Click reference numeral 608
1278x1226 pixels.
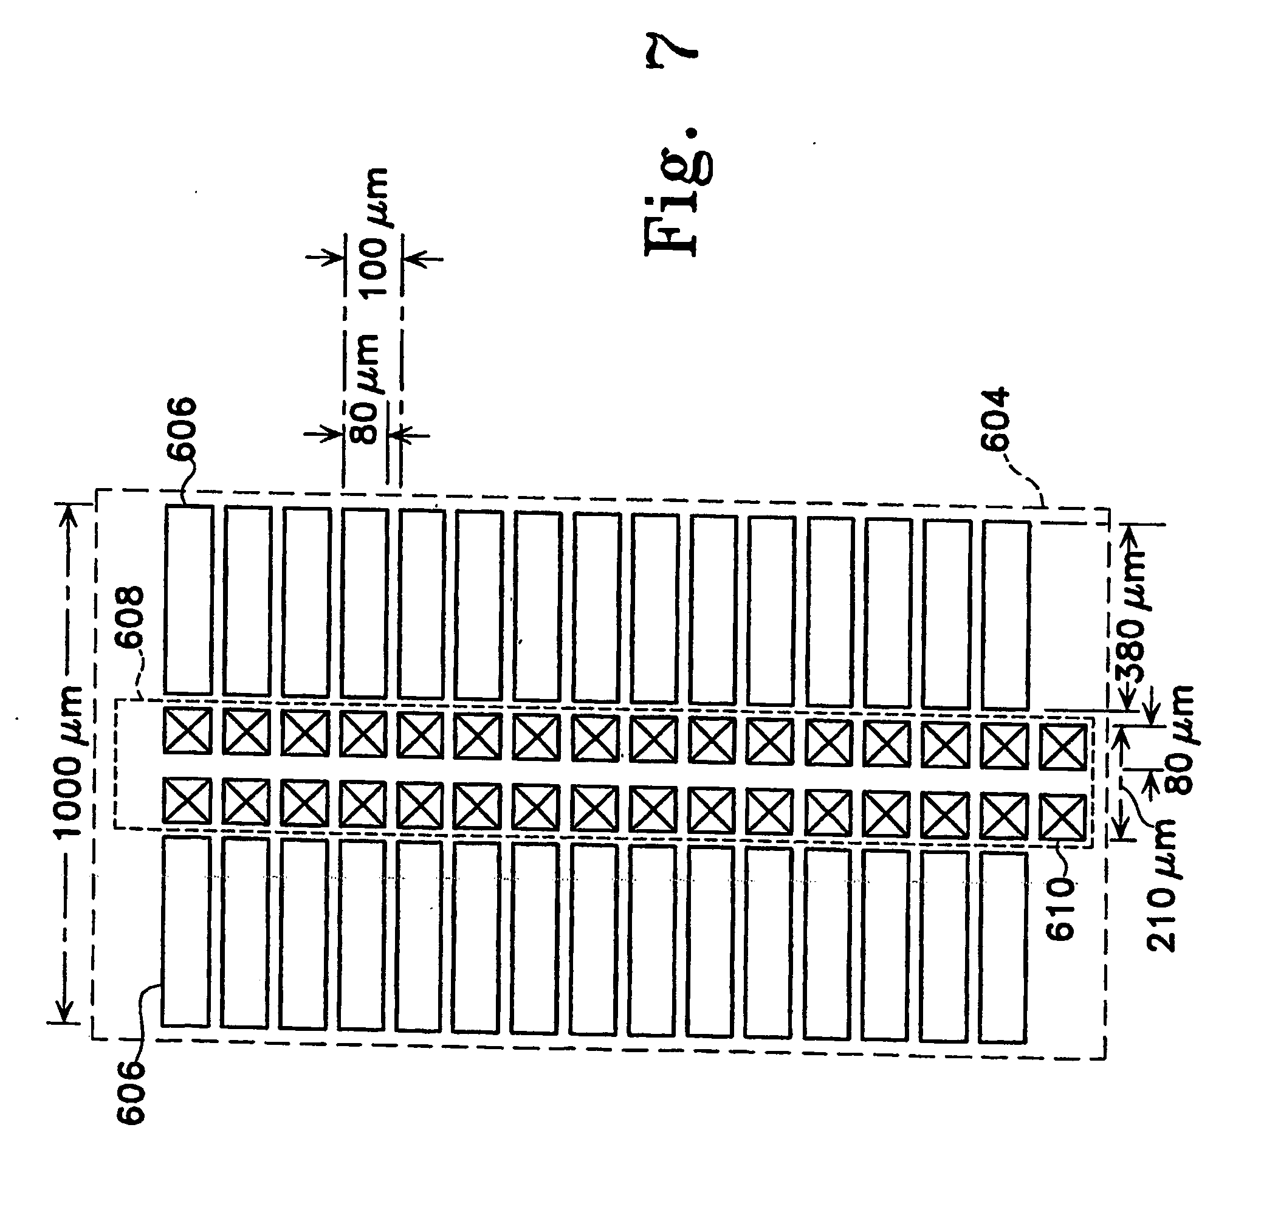[x=128, y=617]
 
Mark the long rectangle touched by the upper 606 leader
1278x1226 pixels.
[x=188, y=599]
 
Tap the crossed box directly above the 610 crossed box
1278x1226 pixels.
[x=1062, y=746]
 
